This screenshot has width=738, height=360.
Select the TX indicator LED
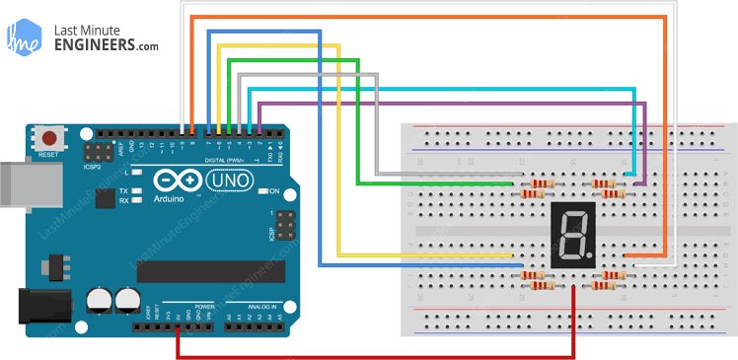point(135,190)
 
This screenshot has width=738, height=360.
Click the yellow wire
point(340,148)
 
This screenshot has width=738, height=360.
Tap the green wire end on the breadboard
point(507,183)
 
